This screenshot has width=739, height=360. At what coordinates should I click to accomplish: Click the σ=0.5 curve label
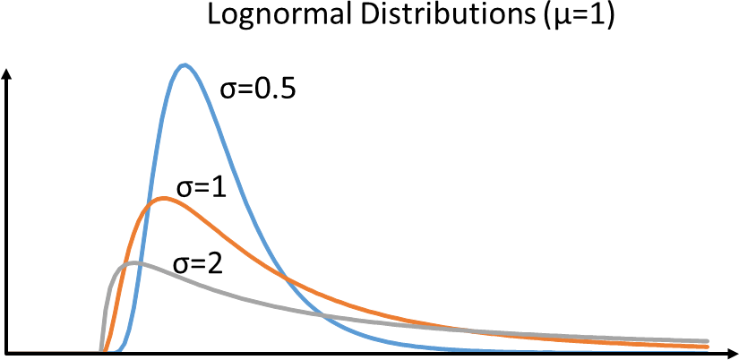(258, 90)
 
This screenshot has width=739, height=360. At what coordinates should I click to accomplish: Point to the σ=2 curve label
(197, 266)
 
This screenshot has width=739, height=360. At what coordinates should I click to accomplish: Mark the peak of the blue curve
(185, 64)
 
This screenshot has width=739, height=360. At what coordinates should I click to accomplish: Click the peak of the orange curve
(161, 198)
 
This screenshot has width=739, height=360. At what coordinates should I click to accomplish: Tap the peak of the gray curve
(133, 262)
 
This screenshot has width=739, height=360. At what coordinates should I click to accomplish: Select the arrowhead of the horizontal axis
(730, 352)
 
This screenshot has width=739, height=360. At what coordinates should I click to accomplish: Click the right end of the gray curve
(709, 341)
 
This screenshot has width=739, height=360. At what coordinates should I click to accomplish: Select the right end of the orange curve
(709, 346)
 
